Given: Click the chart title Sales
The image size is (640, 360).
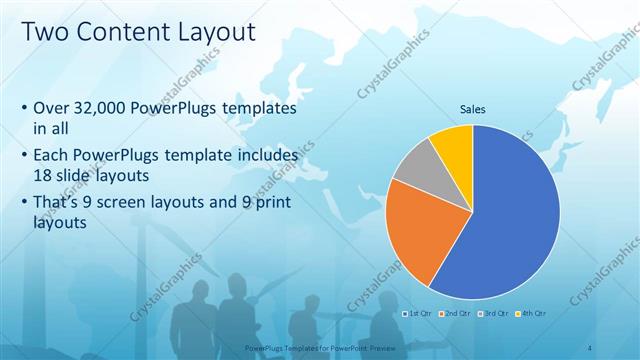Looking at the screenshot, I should click(473, 109).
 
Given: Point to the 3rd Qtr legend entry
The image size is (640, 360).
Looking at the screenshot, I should click(496, 313).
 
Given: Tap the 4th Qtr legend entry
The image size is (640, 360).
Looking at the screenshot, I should click(534, 313).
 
